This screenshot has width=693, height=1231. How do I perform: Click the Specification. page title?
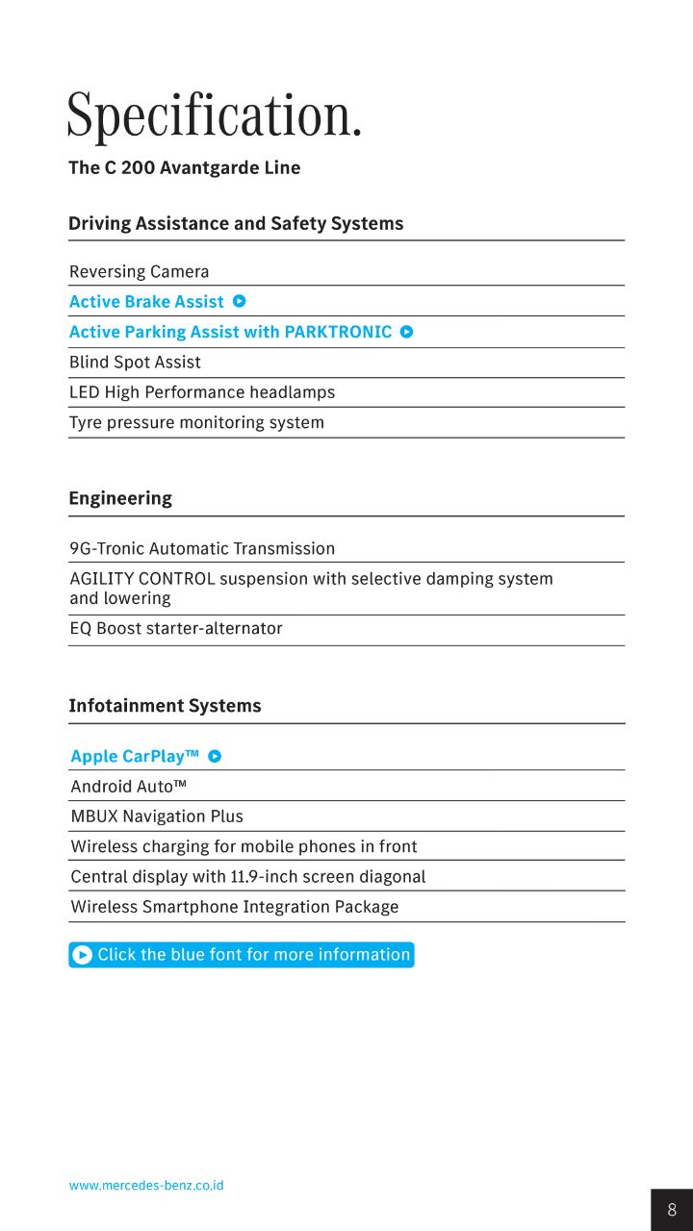coord(214,116)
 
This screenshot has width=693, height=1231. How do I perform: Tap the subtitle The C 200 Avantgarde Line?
coord(184,168)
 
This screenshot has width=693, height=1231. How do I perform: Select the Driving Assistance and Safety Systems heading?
coord(236,224)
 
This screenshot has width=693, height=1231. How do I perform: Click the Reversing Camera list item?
coord(139,272)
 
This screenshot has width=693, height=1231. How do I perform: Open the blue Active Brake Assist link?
coord(146,302)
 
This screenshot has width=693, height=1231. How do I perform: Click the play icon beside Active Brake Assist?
coord(240,301)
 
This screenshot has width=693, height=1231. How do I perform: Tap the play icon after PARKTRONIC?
coord(406,332)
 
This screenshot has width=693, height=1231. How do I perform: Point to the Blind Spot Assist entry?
coord(135,363)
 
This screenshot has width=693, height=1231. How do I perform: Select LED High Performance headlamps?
coord(202,392)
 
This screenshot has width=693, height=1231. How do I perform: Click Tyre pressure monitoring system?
coord(196,422)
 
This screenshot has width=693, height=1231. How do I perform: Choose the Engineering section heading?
coord(120,498)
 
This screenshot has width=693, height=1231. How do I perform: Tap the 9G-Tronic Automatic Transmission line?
coord(202,549)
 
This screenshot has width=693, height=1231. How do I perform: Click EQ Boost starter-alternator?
coord(176,629)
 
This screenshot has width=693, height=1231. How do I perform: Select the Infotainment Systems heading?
coord(165,706)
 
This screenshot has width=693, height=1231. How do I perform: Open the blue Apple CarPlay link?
coord(135,757)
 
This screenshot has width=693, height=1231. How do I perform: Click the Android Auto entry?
coord(128,787)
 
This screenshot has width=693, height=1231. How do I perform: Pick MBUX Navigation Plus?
coord(157,816)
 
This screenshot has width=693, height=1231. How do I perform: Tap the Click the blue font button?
coord(242,955)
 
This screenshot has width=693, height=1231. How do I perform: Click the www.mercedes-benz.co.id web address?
coord(146,1186)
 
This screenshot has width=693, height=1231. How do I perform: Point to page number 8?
coord(672,1210)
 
